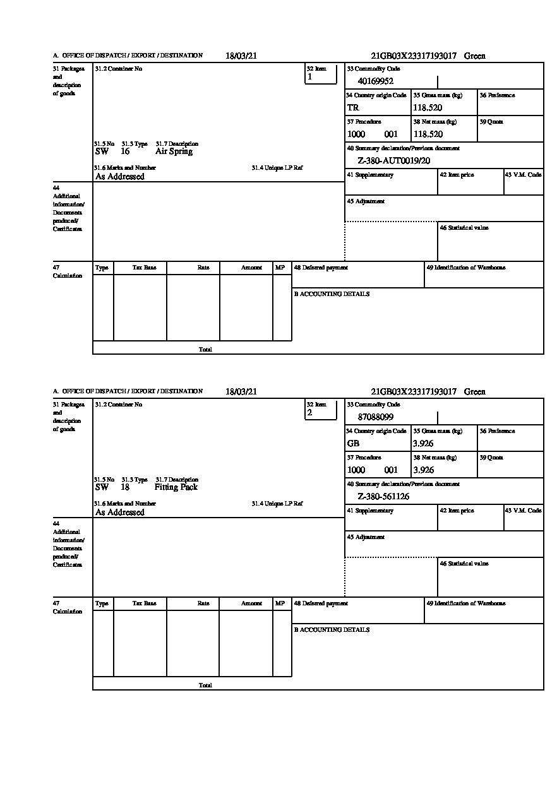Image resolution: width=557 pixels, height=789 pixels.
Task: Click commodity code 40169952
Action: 375,81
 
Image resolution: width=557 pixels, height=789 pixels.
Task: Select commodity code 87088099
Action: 375,417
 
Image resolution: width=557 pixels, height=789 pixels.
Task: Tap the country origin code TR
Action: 352,107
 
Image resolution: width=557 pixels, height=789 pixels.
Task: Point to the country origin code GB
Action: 353,443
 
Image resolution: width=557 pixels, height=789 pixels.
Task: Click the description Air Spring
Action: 174,151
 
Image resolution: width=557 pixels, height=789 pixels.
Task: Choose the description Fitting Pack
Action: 176,487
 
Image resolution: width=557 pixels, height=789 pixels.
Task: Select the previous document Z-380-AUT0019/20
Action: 393,161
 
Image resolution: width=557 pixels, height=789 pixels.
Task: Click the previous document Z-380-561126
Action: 383,497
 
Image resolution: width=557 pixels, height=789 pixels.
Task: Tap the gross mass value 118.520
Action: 428,107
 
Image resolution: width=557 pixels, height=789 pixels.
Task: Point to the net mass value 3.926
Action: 423,470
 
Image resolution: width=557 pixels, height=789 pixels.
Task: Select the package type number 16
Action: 125,151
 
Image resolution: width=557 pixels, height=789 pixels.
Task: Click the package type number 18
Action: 125,487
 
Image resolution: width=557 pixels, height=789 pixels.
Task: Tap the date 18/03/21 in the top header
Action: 241,56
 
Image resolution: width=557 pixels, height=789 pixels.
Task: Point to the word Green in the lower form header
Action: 475,391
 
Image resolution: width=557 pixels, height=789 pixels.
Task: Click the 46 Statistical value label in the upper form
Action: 464,228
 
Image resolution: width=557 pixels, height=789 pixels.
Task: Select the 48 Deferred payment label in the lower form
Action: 321,603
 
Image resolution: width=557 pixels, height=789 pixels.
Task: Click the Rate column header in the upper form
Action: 203,268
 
